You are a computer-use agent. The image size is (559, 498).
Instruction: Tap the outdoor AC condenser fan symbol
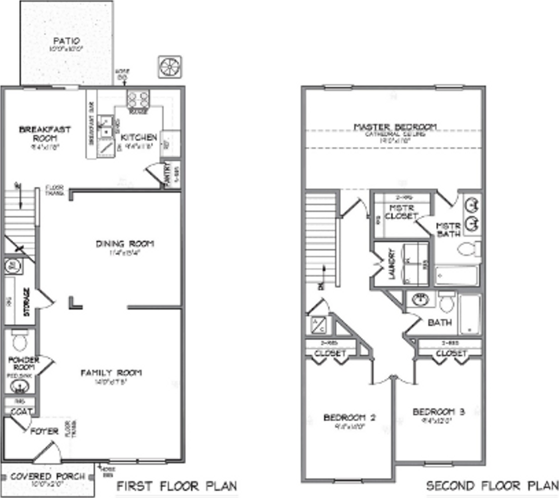click(170, 67)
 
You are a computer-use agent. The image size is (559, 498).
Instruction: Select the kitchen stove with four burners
click(138, 99)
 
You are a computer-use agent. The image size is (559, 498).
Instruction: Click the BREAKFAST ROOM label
click(45, 134)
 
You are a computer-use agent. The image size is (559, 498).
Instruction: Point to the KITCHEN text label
click(138, 137)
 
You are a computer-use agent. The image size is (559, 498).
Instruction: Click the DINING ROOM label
click(125, 244)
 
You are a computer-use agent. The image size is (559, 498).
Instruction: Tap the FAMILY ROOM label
click(111, 372)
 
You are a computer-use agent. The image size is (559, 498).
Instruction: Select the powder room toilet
click(20, 340)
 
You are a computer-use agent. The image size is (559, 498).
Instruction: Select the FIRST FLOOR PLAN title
click(177, 487)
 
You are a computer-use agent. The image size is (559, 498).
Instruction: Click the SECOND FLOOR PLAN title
click(492, 487)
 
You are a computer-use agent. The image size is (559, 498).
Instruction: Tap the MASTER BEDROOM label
click(395, 127)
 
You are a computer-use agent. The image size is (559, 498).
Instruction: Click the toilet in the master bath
click(469, 250)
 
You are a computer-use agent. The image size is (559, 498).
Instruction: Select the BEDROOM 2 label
click(349, 417)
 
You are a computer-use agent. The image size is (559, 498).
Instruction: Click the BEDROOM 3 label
click(439, 412)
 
